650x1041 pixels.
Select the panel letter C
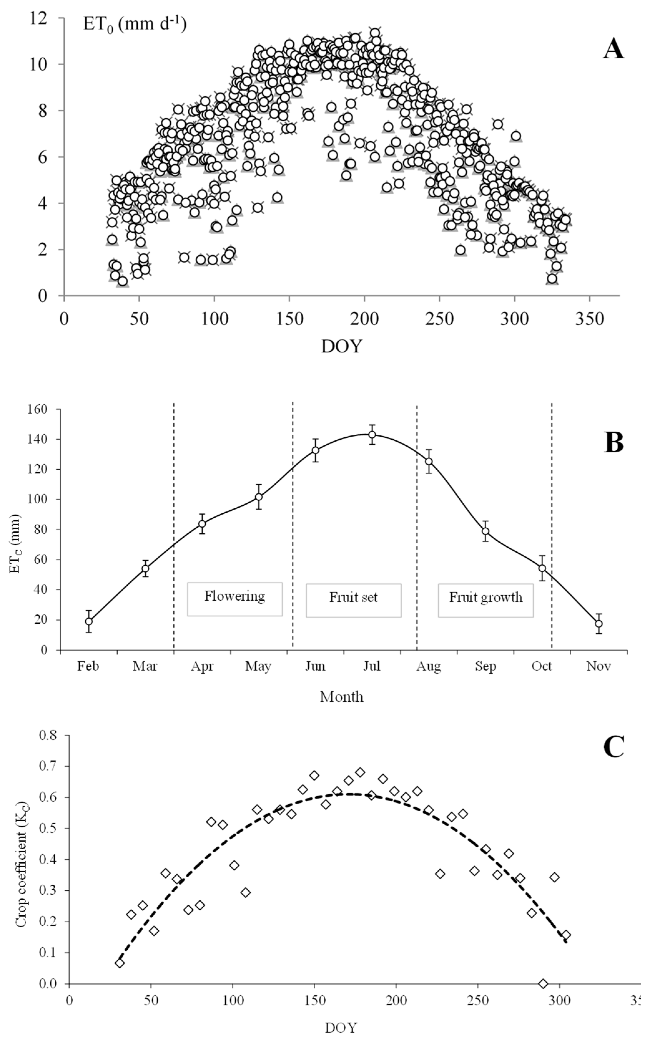[x=613, y=747]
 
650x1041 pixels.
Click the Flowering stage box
[x=235, y=599]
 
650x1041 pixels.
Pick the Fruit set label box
[x=353, y=600]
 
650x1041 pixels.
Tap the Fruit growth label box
[x=486, y=600]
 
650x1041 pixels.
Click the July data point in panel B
[x=372, y=435]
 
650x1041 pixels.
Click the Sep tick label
[x=485, y=666]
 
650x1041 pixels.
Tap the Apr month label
[x=202, y=666]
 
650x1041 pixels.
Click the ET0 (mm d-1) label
[x=135, y=24]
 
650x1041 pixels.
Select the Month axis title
[x=342, y=697]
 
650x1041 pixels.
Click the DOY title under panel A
[x=342, y=346]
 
